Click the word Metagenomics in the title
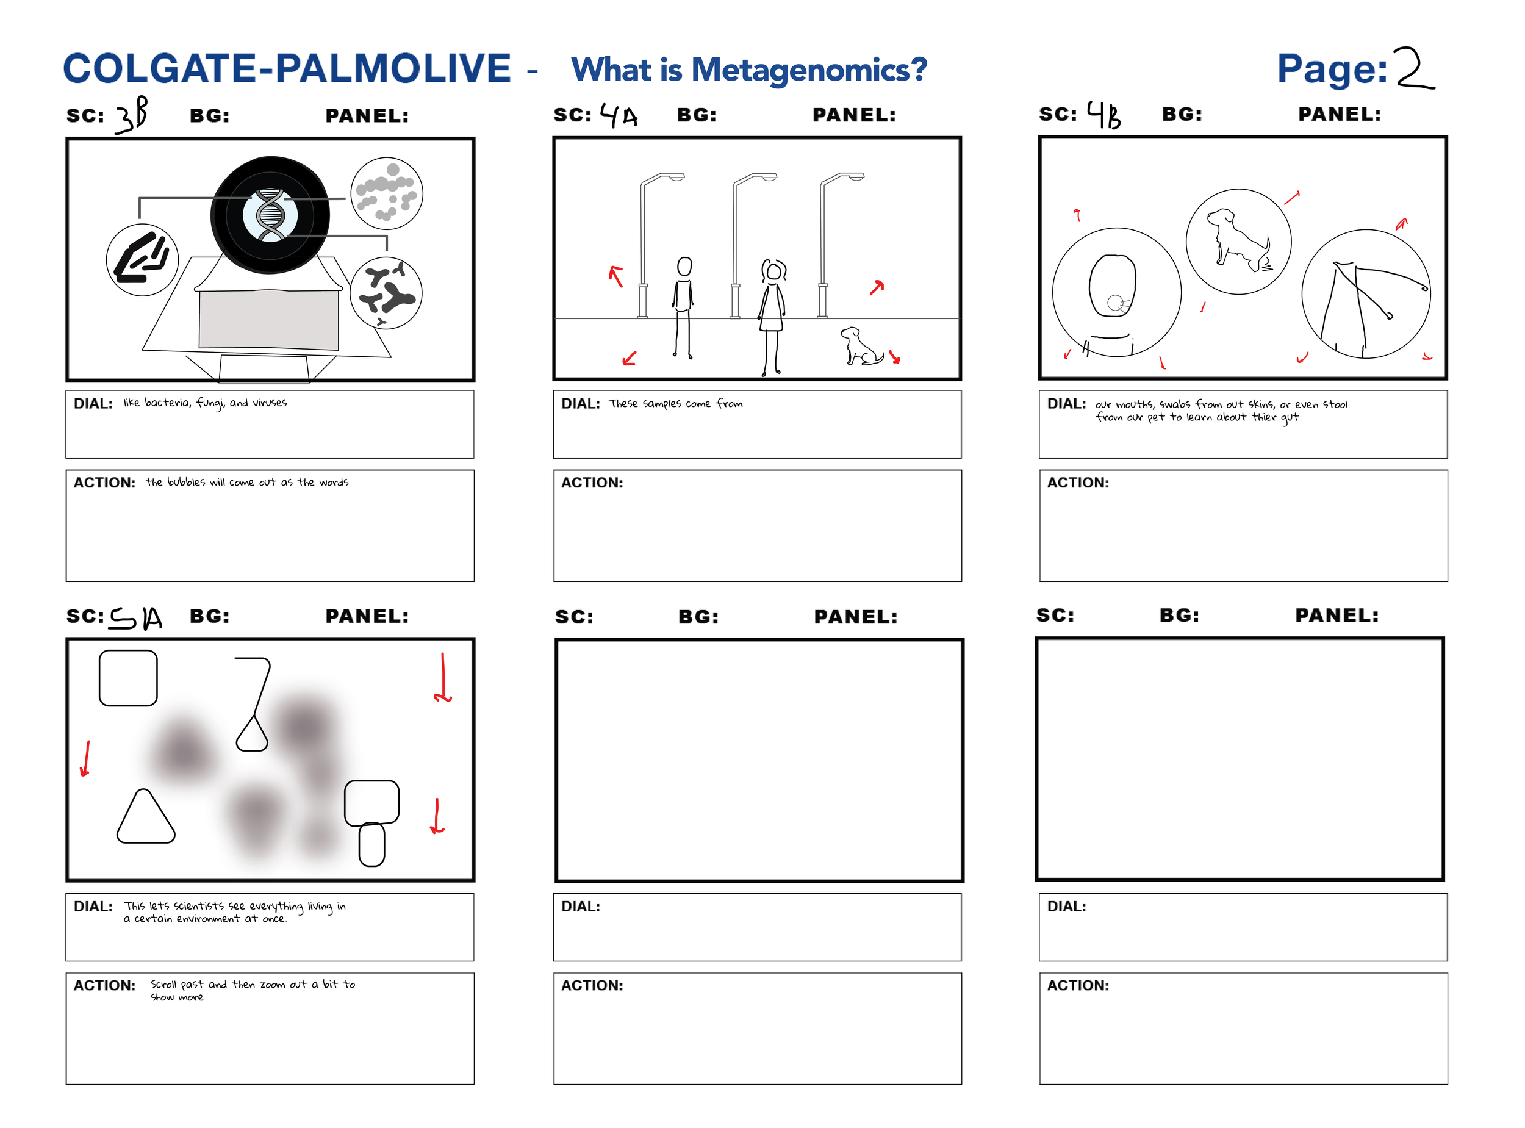[x=809, y=70]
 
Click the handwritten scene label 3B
[x=132, y=115]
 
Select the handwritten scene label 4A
[x=619, y=115]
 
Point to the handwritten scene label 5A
[x=136, y=618]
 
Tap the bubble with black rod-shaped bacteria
[x=142, y=260]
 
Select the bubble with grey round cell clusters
[x=386, y=193]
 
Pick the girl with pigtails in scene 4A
[x=772, y=314]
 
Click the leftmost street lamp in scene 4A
[x=645, y=246]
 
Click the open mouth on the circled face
[x=1114, y=303]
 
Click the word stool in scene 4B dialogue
[x=1335, y=404]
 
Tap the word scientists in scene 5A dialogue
[x=198, y=906]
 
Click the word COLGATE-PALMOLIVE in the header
[x=287, y=69]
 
